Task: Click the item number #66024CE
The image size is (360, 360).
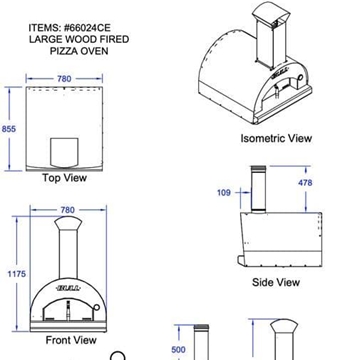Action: click(x=87, y=27)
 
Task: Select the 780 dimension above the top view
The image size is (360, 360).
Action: click(x=64, y=79)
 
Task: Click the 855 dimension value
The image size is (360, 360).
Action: click(x=9, y=129)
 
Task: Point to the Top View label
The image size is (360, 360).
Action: click(x=64, y=178)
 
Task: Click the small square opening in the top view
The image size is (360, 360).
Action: click(x=64, y=152)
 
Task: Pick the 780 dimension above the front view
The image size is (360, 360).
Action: click(x=68, y=210)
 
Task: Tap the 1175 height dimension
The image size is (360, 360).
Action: click(x=16, y=274)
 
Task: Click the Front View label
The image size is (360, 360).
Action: click(x=71, y=340)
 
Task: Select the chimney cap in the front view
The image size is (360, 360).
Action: click(x=68, y=223)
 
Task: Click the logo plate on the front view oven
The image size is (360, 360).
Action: click(x=68, y=288)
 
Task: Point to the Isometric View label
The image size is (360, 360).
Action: click(x=276, y=138)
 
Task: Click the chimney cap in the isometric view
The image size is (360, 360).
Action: click(x=271, y=12)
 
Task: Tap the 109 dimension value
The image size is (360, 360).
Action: click(x=224, y=193)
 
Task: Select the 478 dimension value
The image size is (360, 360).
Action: click(x=305, y=183)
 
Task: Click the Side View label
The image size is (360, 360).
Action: click(x=276, y=282)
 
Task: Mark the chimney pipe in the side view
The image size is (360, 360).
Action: click(x=258, y=189)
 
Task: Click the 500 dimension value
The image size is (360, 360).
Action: click(x=178, y=350)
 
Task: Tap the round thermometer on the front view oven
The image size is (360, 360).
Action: click(x=96, y=306)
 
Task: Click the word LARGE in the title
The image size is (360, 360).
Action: click(x=45, y=39)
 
